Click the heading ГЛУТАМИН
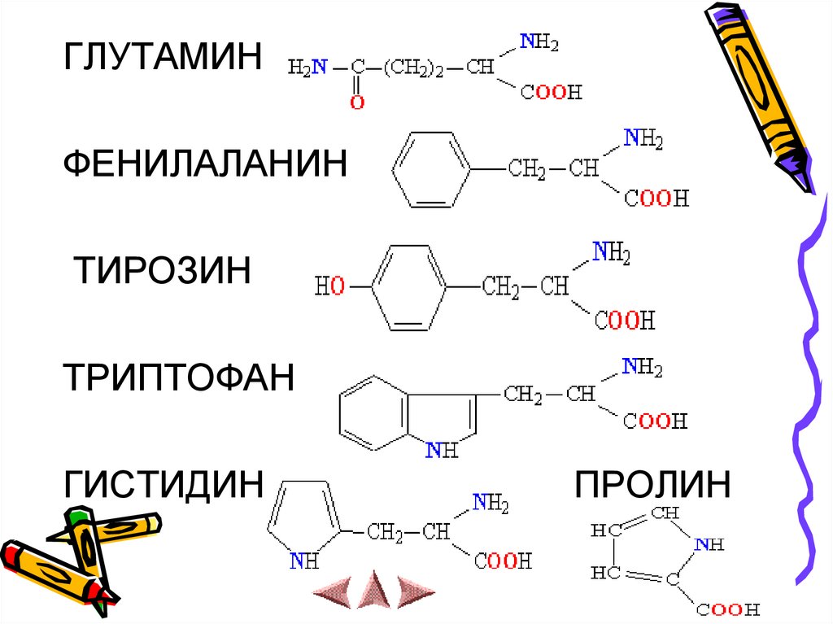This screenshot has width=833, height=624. pos(164,59)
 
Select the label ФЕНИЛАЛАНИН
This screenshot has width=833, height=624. pos(206,164)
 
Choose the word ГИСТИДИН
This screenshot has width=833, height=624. pos(164,485)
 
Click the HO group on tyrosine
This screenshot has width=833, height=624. pos(329,286)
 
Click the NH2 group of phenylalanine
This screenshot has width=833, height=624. pos(643,139)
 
